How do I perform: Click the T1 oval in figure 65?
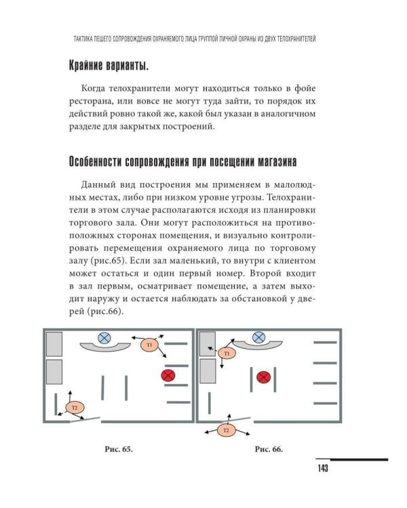click(150, 345)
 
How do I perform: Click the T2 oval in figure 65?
click(75, 407)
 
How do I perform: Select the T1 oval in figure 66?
click(227, 353)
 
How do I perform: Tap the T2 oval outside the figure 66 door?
click(227, 430)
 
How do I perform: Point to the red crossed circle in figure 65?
click(167, 375)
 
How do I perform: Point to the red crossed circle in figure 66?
click(264, 377)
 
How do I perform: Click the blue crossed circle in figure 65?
click(104, 337)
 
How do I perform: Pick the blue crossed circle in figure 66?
click(258, 337)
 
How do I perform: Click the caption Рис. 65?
click(115, 449)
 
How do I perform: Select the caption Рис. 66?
click(268, 449)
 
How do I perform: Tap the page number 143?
click(322, 469)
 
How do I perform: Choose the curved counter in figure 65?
click(104, 347)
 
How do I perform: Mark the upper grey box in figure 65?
click(54, 344)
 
